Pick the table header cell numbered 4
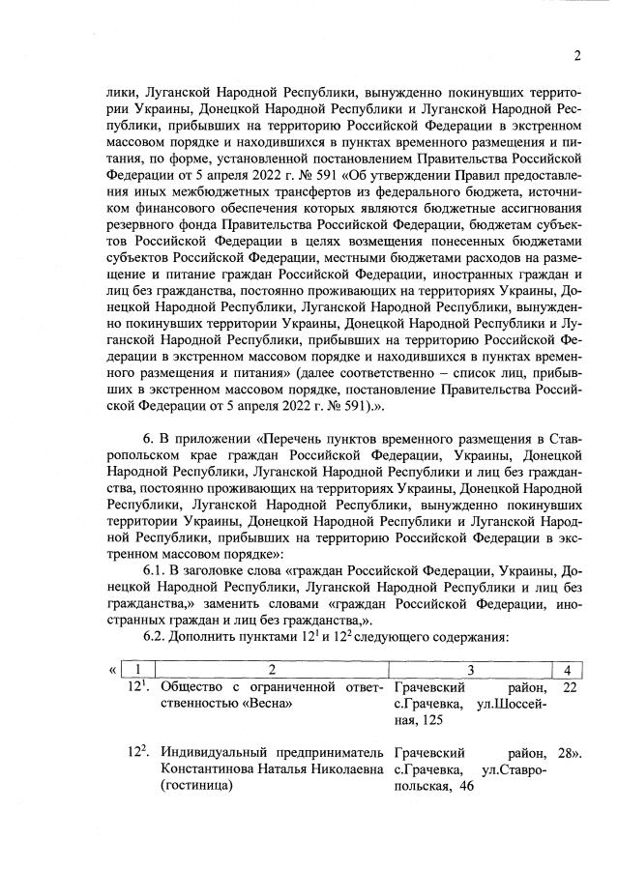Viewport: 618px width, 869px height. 567,669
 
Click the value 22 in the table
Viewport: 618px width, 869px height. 569,686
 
